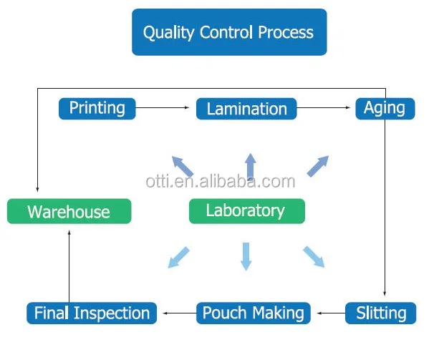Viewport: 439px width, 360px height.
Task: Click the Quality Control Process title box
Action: [228, 32]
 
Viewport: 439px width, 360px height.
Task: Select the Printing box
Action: [97, 108]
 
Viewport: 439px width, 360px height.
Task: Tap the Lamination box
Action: [246, 109]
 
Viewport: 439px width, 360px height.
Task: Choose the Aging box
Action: [385, 108]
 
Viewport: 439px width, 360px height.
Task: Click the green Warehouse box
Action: [69, 211]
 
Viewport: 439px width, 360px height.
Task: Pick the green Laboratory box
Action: [246, 210]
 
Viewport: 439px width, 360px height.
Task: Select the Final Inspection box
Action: [92, 313]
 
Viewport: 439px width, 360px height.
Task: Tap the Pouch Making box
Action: [254, 313]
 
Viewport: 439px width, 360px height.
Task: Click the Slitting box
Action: [380, 313]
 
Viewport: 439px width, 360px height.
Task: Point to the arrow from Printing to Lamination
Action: [165, 109]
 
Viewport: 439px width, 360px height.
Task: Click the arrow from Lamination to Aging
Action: [325, 109]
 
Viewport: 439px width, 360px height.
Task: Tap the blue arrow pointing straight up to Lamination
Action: [250, 167]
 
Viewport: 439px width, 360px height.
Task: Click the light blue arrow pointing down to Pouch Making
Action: [246, 256]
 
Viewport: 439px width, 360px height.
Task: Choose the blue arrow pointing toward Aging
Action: [318, 166]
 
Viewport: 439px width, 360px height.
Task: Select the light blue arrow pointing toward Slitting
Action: [314, 256]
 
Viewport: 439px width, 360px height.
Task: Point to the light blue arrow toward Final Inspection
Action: [179, 257]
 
